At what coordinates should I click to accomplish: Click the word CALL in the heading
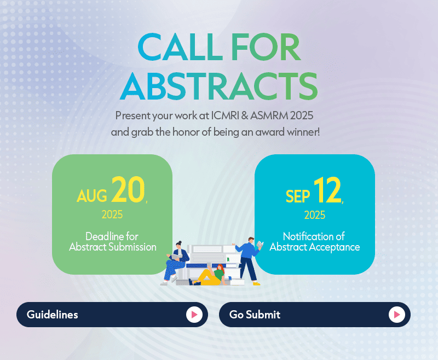point(180,47)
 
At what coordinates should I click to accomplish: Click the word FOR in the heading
point(266,47)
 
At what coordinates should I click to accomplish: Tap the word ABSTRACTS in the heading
point(218,86)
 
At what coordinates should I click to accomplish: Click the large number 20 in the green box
point(128,189)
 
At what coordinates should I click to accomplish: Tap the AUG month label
point(92,196)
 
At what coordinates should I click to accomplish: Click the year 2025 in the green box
point(112,214)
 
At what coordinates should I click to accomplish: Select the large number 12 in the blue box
point(327,190)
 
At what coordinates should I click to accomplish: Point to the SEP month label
point(298,196)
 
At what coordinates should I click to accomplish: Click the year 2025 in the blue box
point(314,215)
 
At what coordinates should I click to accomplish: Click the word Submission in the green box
point(132,247)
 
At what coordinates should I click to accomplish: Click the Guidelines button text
point(52,315)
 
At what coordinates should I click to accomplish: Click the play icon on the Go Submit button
point(396,315)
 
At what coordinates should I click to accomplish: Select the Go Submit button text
point(255,315)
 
